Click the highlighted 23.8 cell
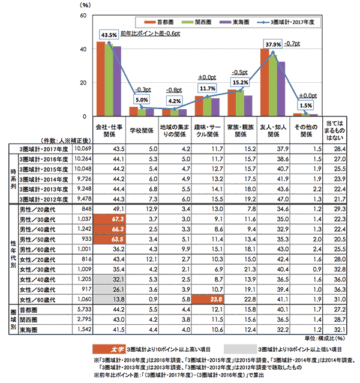point(207,298)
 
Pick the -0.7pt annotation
point(292,43)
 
